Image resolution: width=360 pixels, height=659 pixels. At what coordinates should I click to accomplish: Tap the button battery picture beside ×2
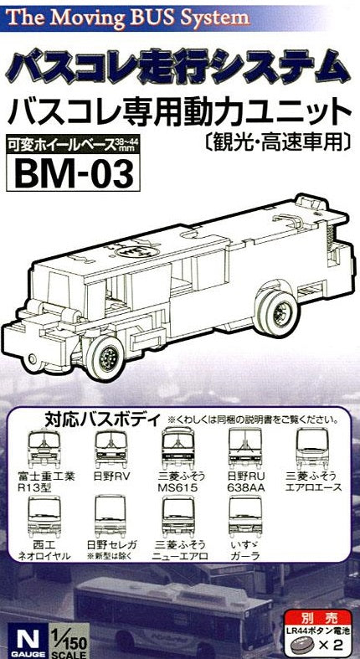[x=299, y=643]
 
